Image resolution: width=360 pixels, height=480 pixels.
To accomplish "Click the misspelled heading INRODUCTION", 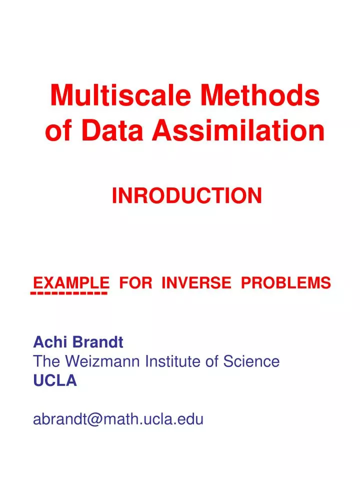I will (x=186, y=196).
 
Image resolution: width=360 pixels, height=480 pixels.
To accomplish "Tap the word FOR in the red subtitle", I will (x=136, y=282).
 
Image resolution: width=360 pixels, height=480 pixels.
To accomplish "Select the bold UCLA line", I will (x=55, y=381).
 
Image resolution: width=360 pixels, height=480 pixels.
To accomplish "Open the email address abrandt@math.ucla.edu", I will (x=118, y=419).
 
